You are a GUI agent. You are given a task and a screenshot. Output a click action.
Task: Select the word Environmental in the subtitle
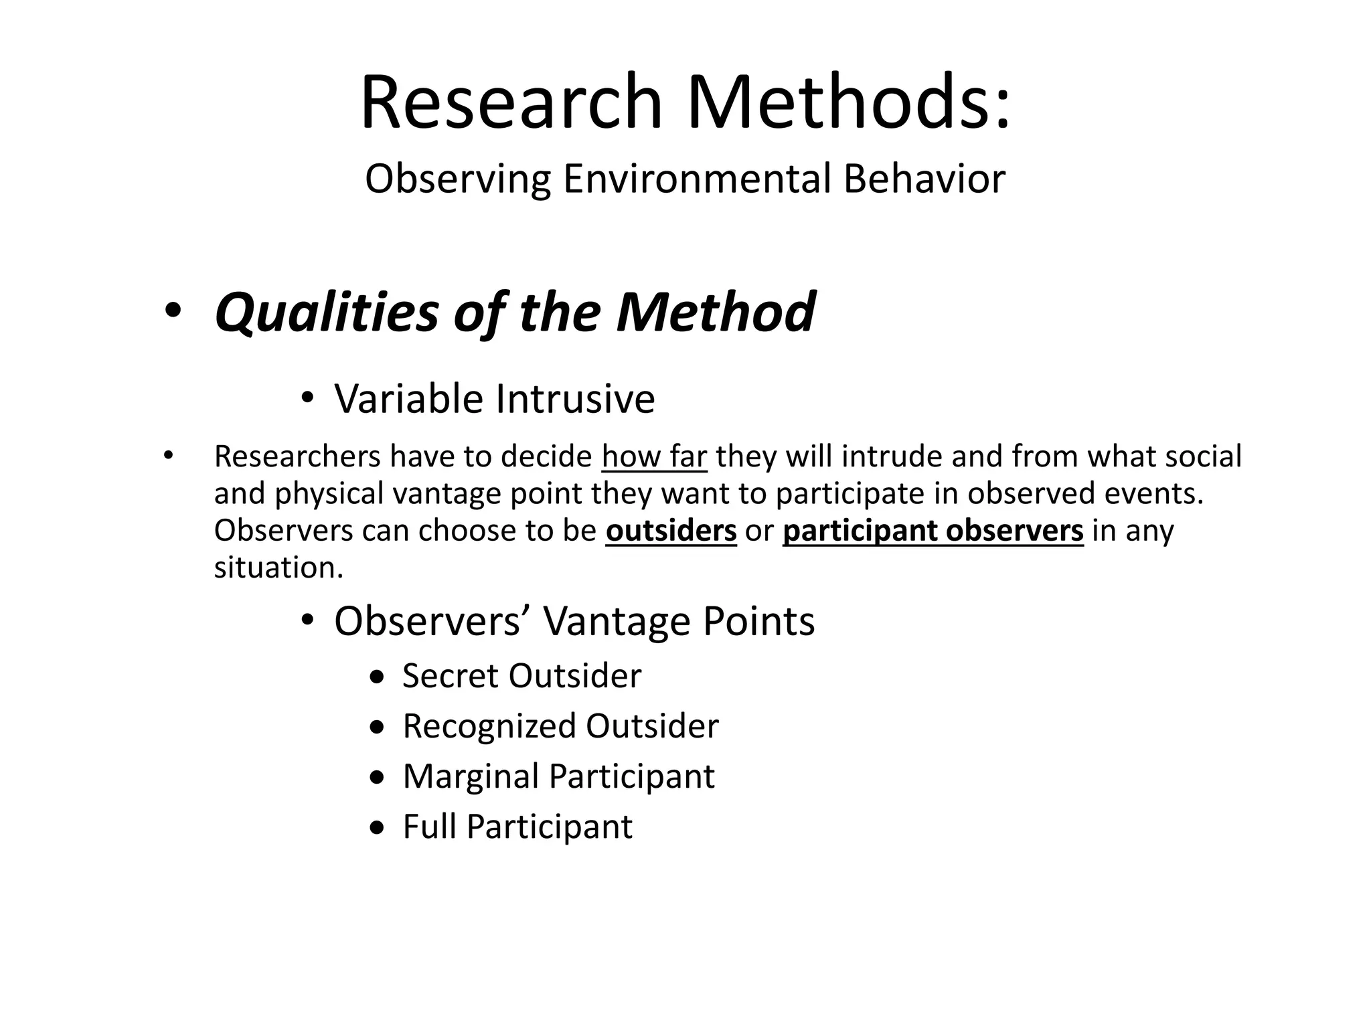click(x=696, y=179)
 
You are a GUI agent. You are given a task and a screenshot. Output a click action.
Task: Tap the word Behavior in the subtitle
click(x=924, y=179)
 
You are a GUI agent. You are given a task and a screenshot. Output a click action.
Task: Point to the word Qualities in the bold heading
click(x=326, y=312)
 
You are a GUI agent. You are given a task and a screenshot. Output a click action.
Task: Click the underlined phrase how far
click(x=654, y=456)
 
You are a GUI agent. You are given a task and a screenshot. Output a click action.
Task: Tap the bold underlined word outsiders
click(x=671, y=530)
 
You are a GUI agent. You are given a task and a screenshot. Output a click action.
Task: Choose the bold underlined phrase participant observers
click(x=933, y=530)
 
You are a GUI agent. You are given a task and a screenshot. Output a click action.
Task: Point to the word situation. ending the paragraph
click(x=278, y=568)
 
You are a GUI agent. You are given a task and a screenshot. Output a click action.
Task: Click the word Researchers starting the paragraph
click(x=297, y=456)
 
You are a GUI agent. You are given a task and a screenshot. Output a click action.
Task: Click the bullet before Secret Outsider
click(x=378, y=677)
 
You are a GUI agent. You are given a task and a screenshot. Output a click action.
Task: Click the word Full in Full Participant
click(x=430, y=827)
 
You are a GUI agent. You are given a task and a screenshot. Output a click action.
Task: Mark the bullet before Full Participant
click(x=378, y=828)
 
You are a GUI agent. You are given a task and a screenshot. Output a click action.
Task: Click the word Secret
click(x=451, y=676)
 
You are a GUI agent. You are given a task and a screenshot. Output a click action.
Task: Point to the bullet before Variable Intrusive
click(x=307, y=399)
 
